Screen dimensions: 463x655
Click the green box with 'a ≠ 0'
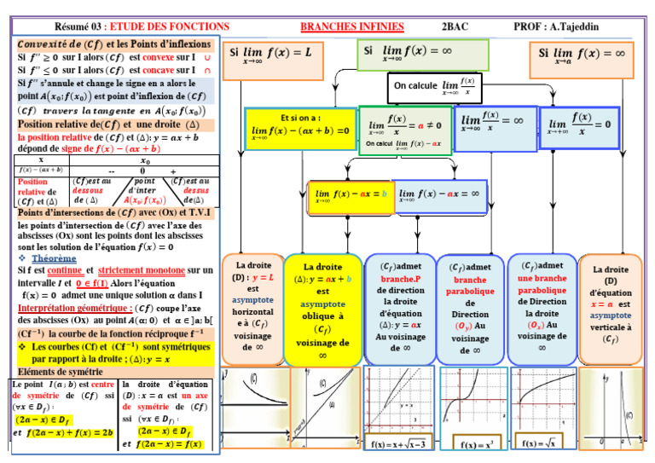point(404,130)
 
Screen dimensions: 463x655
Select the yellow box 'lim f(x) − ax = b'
point(350,196)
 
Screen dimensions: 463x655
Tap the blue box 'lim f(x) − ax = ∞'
point(440,196)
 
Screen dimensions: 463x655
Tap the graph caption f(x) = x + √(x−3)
point(399,445)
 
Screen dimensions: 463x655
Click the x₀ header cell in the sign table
point(145,160)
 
